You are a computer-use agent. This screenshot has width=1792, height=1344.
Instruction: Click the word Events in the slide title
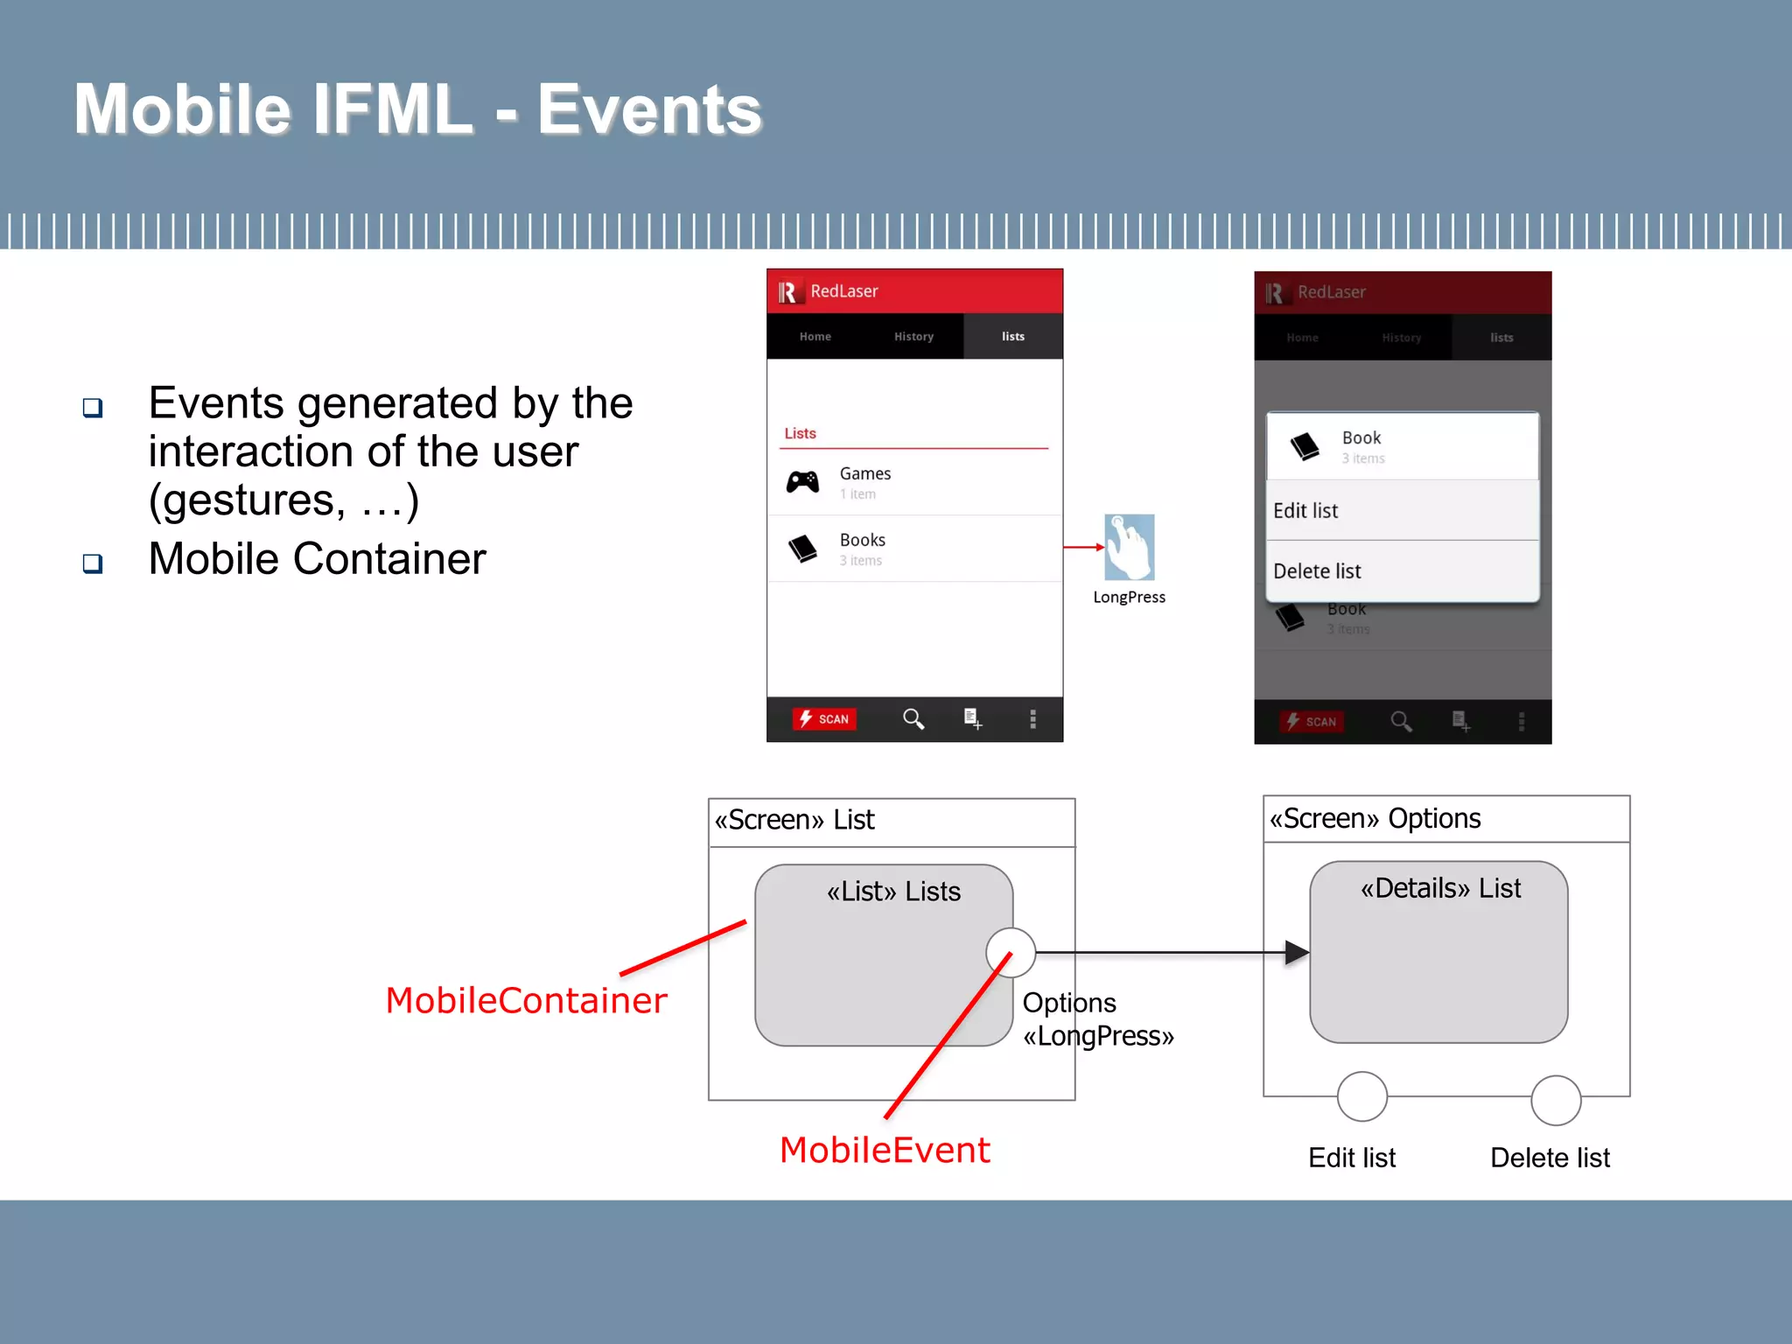(649, 109)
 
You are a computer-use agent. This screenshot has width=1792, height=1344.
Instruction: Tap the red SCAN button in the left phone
(824, 718)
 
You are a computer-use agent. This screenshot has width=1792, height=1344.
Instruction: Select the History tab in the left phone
(913, 336)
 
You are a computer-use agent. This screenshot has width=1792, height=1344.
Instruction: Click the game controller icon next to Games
(802, 481)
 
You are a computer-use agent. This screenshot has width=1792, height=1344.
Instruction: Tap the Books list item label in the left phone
(862, 540)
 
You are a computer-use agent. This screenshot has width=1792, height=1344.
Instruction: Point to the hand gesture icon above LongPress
(1129, 548)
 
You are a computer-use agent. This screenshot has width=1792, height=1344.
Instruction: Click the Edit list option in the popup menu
(1305, 510)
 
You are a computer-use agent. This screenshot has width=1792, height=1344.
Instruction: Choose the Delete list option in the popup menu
(1317, 571)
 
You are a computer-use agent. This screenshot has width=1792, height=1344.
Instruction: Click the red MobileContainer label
(526, 1000)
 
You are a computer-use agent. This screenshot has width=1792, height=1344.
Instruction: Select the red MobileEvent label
(885, 1150)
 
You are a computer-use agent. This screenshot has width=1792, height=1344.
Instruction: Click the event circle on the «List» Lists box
(1011, 952)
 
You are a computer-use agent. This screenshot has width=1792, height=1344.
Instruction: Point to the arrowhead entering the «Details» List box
(1296, 952)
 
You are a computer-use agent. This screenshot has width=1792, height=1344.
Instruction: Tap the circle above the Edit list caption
(1362, 1096)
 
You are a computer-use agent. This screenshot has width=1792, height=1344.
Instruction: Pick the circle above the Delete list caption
(1556, 1100)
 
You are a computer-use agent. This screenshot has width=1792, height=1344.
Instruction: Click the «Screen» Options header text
(1375, 818)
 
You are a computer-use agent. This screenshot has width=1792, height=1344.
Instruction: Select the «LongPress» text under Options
(1098, 1036)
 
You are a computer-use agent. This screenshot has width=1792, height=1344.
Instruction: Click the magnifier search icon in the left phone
(913, 718)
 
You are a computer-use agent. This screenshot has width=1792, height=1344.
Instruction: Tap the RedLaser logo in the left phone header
(788, 291)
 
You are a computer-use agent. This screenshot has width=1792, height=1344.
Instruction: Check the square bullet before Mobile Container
(93, 563)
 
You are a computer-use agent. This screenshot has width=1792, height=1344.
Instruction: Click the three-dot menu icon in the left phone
(1033, 718)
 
